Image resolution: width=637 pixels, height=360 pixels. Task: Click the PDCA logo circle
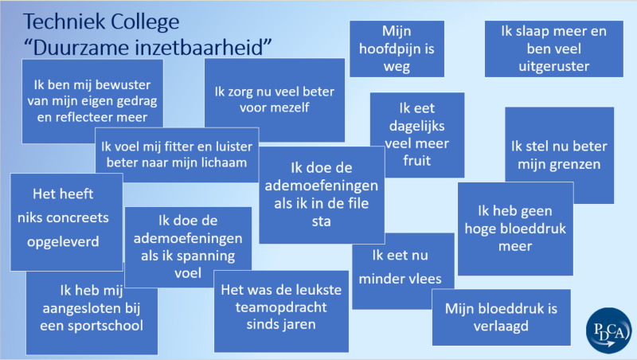[608, 331]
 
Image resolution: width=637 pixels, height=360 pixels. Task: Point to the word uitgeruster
[553, 66]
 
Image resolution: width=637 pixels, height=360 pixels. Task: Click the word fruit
[416, 161]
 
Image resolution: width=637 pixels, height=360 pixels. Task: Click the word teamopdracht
[281, 307]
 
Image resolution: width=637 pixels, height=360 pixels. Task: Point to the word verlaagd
[501, 327]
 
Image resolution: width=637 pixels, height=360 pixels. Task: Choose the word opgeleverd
[63, 242]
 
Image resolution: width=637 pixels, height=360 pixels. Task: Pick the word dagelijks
[416, 127]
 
